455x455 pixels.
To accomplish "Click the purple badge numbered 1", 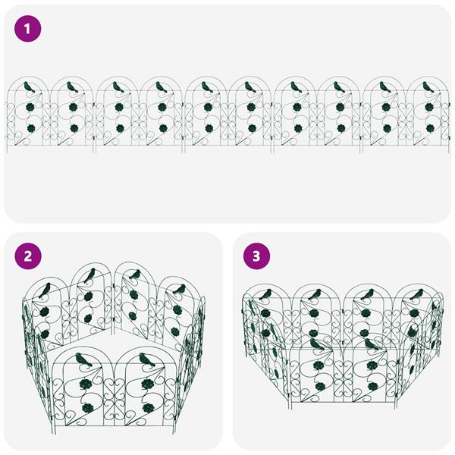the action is point(27,29).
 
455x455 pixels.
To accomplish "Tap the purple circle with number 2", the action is point(28,256).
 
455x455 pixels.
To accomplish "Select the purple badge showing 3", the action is point(256,256).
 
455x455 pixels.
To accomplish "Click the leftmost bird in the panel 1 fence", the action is point(29,86).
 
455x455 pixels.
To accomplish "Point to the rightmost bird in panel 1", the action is point(428,86).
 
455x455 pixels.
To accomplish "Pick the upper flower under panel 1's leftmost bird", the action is point(30,108).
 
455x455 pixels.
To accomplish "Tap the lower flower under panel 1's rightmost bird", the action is point(430,128).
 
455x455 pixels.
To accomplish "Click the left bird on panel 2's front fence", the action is point(83,359).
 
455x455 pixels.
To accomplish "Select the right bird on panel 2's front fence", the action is point(147,359).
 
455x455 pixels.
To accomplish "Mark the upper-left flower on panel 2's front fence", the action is point(86,384).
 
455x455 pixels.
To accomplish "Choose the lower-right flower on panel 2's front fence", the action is point(149,408).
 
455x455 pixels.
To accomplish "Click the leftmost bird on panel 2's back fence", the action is point(45,290).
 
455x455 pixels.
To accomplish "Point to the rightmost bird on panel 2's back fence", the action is point(179,290).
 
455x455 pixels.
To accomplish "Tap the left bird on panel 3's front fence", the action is point(317,344).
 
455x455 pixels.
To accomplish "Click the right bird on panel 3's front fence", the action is point(372,344).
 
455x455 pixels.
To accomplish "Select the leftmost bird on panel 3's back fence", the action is point(265,294).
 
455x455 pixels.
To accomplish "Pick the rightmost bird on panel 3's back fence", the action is point(416,294).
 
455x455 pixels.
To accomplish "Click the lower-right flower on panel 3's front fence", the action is point(372,386).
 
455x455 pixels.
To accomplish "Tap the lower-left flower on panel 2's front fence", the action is point(86,408).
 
